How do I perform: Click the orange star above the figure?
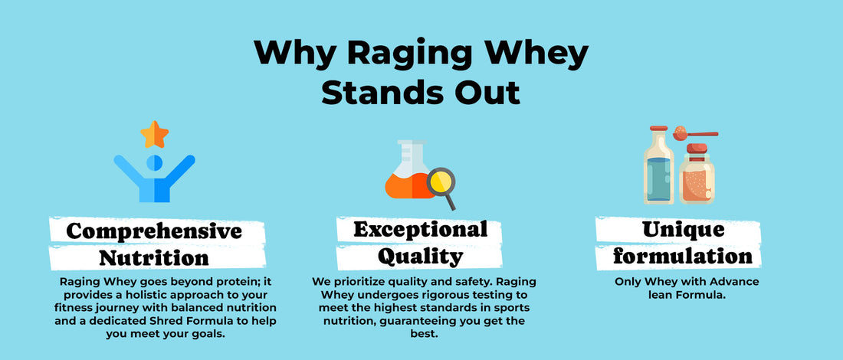[154, 134]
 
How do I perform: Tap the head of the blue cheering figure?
[154, 162]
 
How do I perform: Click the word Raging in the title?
[409, 54]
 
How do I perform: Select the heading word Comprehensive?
[154, 231]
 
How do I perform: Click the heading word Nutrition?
[154, 258]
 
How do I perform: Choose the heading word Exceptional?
[421, 230]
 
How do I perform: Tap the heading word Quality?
[421, 257]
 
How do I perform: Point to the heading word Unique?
[684, 230]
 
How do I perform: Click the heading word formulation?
[684, 257]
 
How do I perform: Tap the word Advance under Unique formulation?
[736, 283]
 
